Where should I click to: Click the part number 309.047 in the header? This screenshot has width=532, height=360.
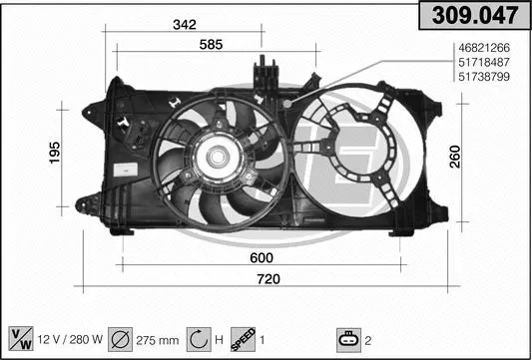pyautogui.click(x=473, y=15)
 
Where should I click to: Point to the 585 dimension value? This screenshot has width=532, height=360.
pyautogui.click(x=210, y=44)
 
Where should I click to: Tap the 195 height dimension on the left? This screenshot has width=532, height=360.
pyautogui.click(x=56, y=152)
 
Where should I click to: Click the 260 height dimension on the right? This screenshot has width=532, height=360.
pyautogui.click(x=456, y=157)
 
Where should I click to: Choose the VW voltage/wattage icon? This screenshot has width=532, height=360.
pyautogui.click(x=21, y=338)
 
